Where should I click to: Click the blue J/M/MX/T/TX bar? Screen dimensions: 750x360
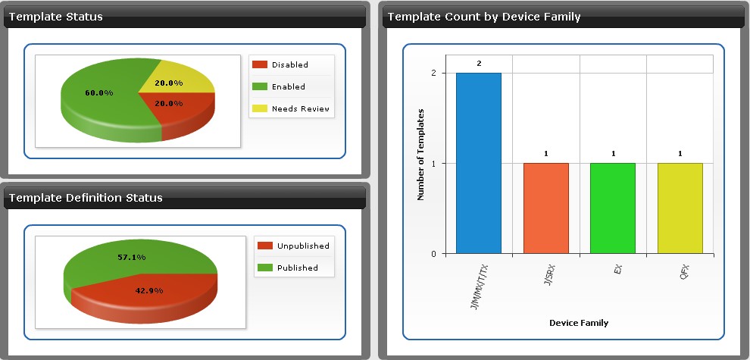coord(478,163)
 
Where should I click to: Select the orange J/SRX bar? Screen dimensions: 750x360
coord(545,208)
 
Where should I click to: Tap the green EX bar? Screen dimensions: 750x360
coord(613,208)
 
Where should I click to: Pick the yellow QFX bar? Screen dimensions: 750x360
coord(680,208)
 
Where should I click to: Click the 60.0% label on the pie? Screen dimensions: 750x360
coord(99,93)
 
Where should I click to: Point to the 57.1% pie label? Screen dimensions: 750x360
coord(132,258)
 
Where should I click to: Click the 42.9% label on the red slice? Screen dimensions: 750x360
coord(149,290)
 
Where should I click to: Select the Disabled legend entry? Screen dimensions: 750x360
coord(280,64)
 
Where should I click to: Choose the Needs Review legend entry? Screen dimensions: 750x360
coord(291,108)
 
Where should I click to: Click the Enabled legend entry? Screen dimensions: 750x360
coord(278,86)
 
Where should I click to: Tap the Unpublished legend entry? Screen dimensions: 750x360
coord(293,246)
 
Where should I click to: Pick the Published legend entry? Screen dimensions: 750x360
coord(287,268)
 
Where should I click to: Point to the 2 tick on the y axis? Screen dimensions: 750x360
coord(434,74)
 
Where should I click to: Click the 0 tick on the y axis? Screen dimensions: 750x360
coord(434,254)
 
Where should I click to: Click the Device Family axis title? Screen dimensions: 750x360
coord(579,323)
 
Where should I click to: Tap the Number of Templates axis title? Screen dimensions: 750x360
coord(421,154)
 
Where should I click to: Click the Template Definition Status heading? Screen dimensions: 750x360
coord(86,198)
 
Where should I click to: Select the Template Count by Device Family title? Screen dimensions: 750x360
coord(484,17)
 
